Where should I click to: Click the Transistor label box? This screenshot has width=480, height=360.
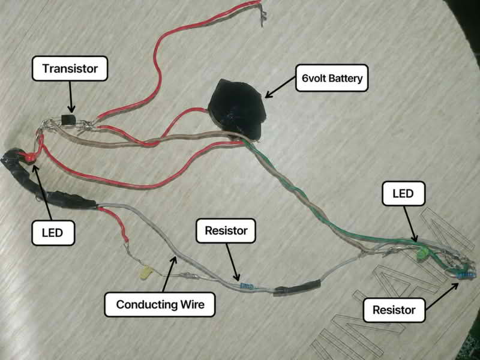pos(70,68)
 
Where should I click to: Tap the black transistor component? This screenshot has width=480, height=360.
pos(68,120)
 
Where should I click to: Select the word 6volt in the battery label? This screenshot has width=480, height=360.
pos(316,79)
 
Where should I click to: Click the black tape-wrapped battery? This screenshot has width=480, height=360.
pos(237,109)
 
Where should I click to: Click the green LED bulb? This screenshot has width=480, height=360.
pos(422,254)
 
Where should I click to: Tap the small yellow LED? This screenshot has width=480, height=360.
pos(146,272)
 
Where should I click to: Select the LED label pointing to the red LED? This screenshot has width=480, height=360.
pos(53,233)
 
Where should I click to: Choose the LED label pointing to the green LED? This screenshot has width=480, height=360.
pos(403,193)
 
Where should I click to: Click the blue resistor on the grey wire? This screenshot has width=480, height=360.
pos(247,287)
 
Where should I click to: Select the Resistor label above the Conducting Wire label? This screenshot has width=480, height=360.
pos(226,230)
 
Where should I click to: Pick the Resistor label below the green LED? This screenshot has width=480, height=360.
pos(394,310)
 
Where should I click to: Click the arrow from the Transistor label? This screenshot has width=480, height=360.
pos(71,97)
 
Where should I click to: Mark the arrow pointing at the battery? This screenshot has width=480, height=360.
pos(280,87)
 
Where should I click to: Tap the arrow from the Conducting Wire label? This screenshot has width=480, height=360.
pos(170,274)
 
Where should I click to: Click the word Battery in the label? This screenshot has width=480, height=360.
pos(347,79)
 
